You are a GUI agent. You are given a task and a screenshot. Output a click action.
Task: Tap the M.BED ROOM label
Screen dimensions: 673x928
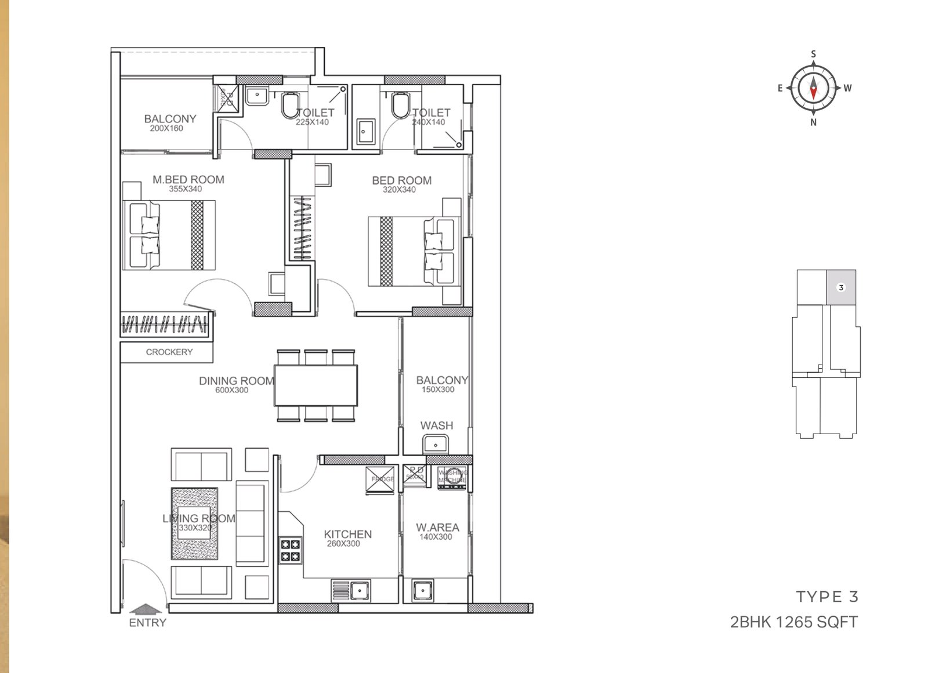(x=188, y=180)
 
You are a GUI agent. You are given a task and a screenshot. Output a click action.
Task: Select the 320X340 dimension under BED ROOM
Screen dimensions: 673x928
(x=399, y=190)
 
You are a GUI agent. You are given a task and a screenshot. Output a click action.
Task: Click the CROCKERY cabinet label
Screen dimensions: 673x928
(x=169, y=352)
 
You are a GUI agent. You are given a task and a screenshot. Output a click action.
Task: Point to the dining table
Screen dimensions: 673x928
(x=316, y=385)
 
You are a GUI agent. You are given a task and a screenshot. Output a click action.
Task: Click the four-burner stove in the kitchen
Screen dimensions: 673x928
(x=291, y=551)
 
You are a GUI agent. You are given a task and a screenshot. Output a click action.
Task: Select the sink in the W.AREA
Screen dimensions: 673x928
(x=422, y=591)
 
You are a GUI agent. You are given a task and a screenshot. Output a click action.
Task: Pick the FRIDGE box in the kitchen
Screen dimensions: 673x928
(x=380, y=479)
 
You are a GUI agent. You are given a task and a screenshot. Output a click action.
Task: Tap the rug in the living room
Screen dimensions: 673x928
(x=195, y=523)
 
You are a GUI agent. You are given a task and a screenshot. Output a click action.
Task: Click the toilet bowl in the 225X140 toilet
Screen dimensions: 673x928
(x=290, y=106)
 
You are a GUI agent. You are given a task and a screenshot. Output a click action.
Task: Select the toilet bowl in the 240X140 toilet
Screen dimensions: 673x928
(x=400, y=106)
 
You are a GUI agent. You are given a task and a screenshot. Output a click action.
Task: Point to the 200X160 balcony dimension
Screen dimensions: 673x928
(x=166, y=129)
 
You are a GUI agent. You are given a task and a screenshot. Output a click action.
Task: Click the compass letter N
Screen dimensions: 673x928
(x=813, y=122)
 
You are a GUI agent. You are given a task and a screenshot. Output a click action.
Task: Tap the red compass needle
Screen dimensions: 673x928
(x=813, y=92)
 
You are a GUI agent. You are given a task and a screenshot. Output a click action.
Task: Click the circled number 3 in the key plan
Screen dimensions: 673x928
(x=841, y=288)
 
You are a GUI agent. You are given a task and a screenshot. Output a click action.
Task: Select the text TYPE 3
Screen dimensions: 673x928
(x=826, y=597)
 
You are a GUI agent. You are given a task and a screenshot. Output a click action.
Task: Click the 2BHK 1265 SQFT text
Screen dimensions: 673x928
(x=793, y=622)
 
